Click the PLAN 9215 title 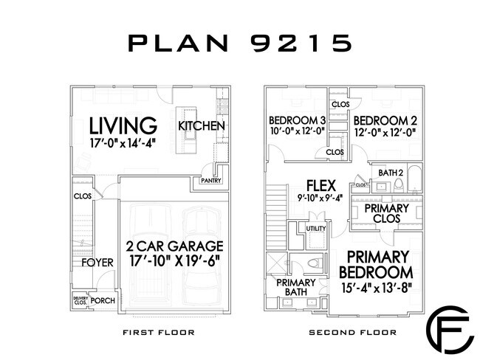[x=240, y=43]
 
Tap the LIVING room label [x=123, y=125]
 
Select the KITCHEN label [x=202, y=125]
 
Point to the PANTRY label [x=211, y=181]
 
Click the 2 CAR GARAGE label [x=175, y=246]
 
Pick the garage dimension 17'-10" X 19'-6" [x=175, y=261]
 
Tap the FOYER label [x=97, y=263]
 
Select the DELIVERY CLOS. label [x=80, y=300]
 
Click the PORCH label [x=103, y=301]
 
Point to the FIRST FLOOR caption [x=159, y=332]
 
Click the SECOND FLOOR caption [x=353, y=332]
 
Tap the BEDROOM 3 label [x=298, y=120]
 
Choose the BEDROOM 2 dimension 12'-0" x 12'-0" [x=385, y=133]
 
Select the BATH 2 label [x=391, y=173]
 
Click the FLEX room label [x=321, y=185]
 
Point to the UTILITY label [x=316, y=229]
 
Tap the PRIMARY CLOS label [x=387, y=213]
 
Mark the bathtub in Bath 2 [x=415, y=179]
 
